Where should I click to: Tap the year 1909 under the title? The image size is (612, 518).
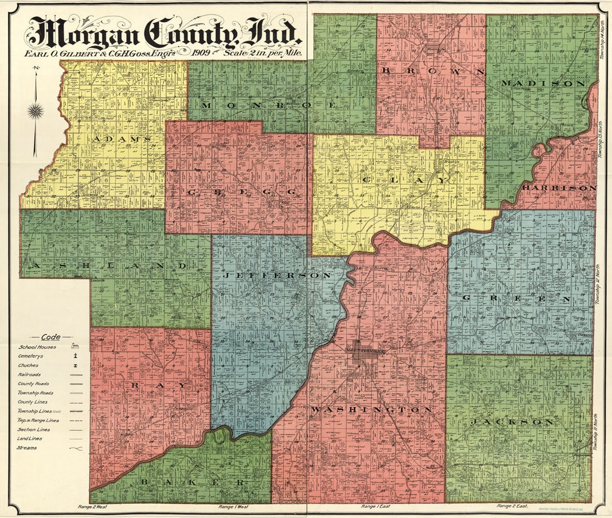click(201, 53)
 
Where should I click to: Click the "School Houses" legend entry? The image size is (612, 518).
click(37, 347)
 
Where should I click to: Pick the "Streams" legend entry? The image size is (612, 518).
click(27, 448)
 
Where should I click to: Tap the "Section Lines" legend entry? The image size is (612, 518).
click(33, 430)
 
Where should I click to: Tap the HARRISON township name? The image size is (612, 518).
click(559, 187)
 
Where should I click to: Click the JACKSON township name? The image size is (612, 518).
click(512, 422)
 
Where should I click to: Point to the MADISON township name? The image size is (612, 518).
click(542, 83)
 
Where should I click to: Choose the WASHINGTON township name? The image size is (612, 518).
click(371, 409)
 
